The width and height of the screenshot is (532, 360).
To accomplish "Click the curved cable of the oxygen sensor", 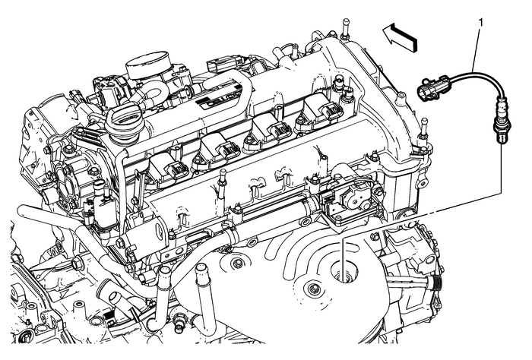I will (464, 76).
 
